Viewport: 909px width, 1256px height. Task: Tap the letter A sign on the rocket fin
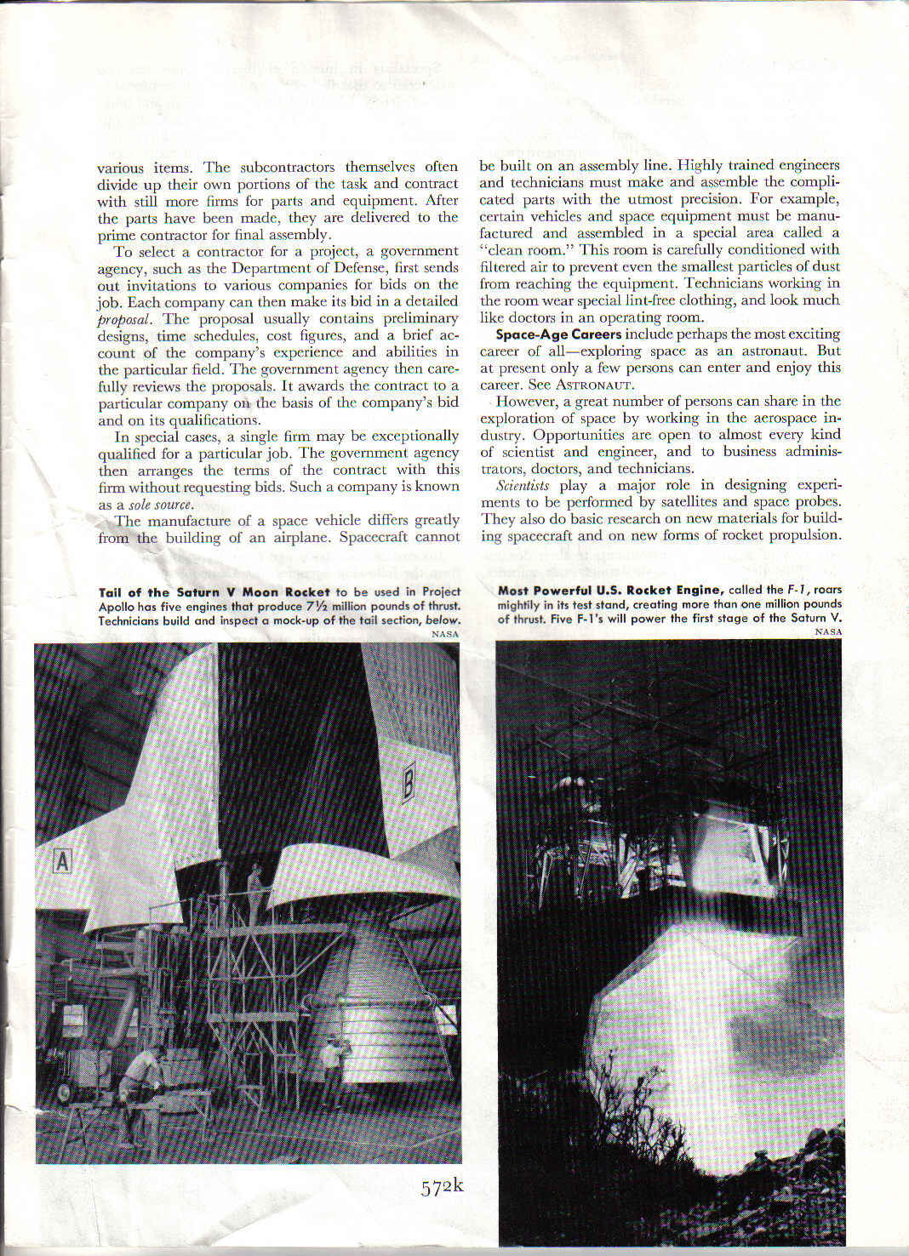click(61, 861)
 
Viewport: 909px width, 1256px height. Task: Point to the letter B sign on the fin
click(408, 784)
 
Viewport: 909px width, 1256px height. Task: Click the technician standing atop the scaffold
click(254, 890)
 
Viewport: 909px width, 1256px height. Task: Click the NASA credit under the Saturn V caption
click(445, 634)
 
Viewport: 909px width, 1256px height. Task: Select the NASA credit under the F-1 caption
click(828, 631)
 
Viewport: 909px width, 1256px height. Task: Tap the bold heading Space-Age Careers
click(559, 334)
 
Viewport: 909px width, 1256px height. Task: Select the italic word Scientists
click(523, 485)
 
